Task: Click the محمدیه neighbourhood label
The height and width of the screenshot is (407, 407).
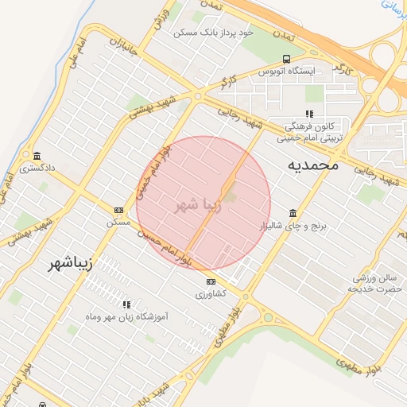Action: pos(312,165)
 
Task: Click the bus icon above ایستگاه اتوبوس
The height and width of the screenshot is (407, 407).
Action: pos(286,59)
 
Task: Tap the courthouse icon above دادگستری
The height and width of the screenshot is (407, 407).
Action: pos(37,155)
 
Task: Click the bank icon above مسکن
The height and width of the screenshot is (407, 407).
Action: pos(118,210)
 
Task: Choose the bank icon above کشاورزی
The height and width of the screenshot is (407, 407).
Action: pos(211,281)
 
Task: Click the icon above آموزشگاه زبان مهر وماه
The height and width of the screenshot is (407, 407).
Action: pos(126,304)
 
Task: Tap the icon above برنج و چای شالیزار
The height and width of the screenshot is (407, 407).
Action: pos(293,213)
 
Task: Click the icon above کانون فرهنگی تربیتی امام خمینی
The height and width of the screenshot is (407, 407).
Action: pos(309,114)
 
